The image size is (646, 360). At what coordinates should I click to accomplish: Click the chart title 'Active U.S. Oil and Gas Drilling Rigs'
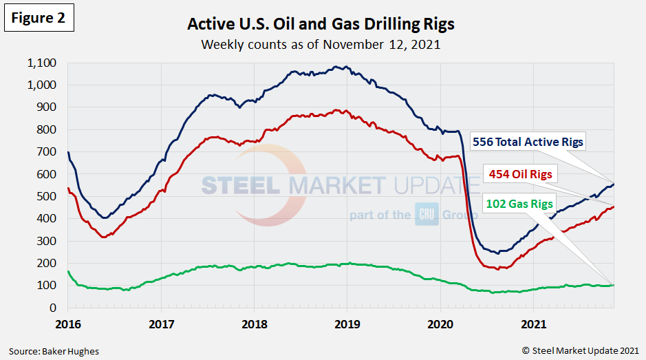[x=321, y=25]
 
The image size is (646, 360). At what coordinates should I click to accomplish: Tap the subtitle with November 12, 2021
[x=321, y=45]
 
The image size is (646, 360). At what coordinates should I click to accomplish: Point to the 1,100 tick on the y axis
[x=43, y=63]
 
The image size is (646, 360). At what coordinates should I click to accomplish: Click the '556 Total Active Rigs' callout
[x=528, y=142]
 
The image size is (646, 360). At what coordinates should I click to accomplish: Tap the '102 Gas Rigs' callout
[x=519, y=204]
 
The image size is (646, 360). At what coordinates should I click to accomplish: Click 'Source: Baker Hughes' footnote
[x=54, y=351]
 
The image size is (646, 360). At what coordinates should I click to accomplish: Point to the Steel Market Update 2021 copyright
[x=582, y=351]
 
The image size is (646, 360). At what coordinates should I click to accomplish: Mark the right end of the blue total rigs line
[x=614, y=184]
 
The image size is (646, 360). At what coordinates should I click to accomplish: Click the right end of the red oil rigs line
[x=614, y=207]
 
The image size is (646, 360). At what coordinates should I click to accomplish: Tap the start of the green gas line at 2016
[x=68, y=271]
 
